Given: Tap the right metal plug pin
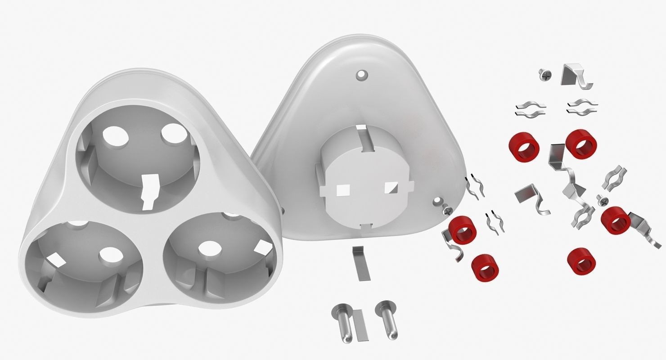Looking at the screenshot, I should [388, 319].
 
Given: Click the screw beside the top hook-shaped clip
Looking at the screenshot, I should [544, 75].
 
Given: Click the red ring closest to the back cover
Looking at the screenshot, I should [463, 229].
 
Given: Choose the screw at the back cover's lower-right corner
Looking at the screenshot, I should [446, 209].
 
